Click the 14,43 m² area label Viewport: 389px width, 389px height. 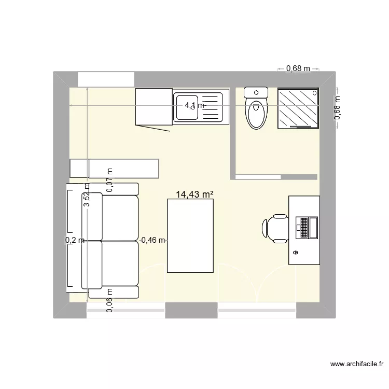point(195,195)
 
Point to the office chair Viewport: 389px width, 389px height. point(275,229)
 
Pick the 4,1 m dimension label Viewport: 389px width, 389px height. point(195,105)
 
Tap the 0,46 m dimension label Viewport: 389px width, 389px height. point(154,240)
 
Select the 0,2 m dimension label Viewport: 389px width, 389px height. point(74,240)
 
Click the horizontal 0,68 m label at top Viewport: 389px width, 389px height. point(298,68)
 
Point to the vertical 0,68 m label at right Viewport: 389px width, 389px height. point(337,108)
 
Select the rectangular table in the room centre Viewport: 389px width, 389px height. point(190,237)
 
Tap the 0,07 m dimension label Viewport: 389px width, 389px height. point(109,180)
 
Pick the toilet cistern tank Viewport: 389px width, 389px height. point(256,93)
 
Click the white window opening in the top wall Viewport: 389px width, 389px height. point(106,79)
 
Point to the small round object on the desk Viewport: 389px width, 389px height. point(296,253)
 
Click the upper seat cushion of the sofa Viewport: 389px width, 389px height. point(120,218)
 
